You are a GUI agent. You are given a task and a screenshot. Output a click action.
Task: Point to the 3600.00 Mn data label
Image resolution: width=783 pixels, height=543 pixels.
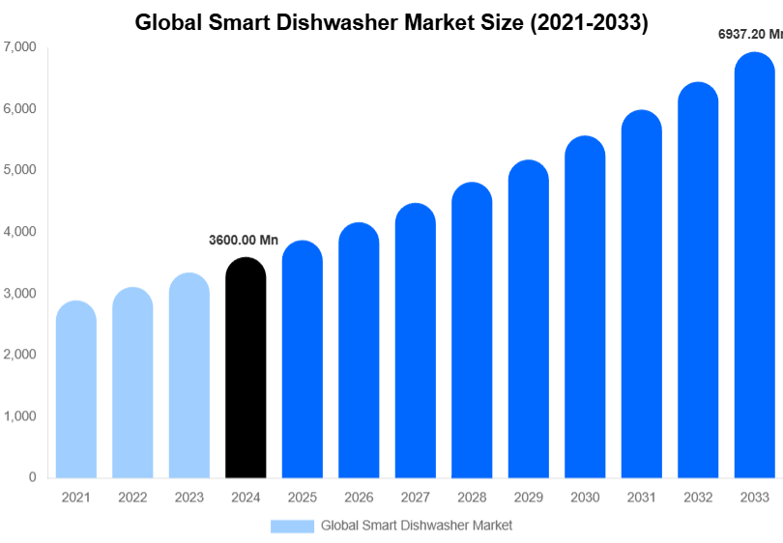point(244,240)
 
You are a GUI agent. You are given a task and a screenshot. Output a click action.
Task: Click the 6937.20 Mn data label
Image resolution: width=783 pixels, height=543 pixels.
point(749,34)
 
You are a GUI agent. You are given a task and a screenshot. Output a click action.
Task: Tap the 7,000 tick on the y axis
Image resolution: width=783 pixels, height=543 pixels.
point(20,47)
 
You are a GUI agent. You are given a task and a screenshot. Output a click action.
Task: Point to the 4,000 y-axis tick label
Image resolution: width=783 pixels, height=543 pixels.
point(20,232)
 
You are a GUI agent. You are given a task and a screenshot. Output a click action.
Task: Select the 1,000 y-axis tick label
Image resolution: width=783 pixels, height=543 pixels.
point(20,416)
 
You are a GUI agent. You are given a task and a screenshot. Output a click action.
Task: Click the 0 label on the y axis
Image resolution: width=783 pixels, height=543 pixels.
point(32,477)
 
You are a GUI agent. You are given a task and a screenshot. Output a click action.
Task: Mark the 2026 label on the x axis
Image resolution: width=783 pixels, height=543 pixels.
point(359,498)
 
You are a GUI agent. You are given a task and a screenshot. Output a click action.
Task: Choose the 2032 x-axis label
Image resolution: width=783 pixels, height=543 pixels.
point(697,498)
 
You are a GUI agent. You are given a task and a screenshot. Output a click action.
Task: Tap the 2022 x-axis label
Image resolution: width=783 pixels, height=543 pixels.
point(132,498)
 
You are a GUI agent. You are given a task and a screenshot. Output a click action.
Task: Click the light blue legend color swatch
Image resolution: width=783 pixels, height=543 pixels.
point(292,526)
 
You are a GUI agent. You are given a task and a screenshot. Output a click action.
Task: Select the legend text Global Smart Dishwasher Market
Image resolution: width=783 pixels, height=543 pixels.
point(417,526)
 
